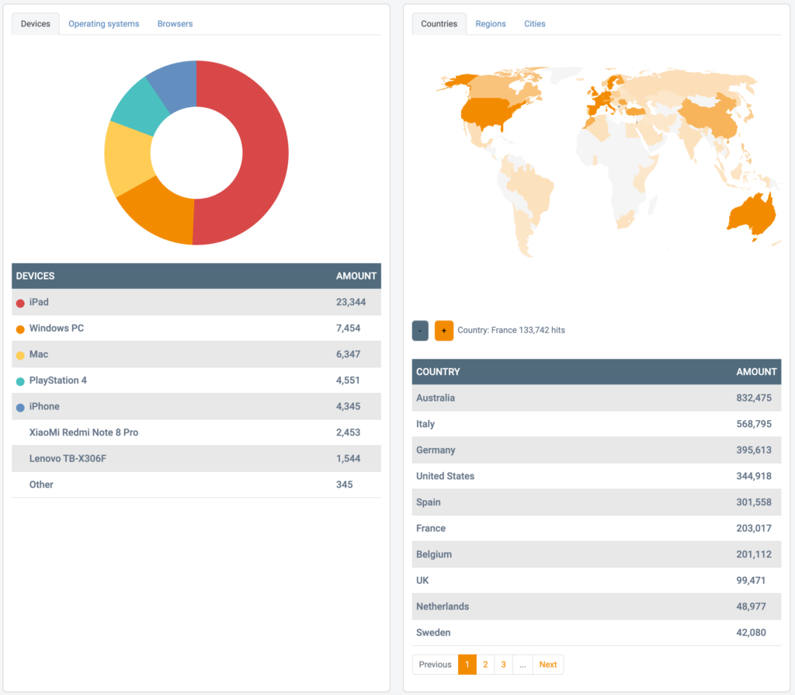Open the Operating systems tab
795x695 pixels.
coord(103,24)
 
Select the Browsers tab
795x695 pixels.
coord(175,24)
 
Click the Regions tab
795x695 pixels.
coord(491,24)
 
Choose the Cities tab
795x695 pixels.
coord(534,24)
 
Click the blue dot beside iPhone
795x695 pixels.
coord(20,407)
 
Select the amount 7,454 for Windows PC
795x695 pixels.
coord(348,328)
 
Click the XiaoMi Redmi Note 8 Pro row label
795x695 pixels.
coord(84,433)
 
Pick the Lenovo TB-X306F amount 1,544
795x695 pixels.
coord(348,459)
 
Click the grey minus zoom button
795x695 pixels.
coord(420,331)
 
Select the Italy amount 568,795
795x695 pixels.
coord(754,424)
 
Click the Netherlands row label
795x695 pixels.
coord(443,606)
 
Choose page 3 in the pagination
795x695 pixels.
coord(504,665)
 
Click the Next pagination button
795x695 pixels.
coord(548,665)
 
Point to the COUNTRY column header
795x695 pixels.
coord(438,372)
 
